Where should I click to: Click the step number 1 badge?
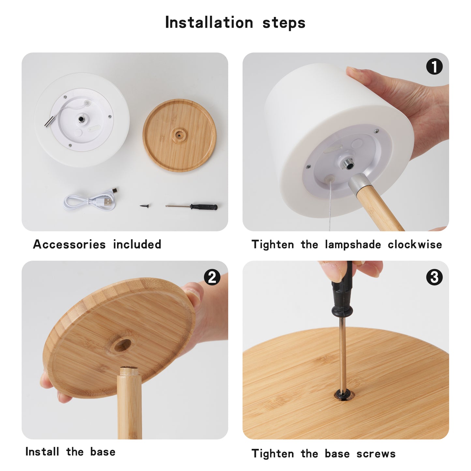(x=434, y=66)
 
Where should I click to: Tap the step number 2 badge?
(x=212, y=277)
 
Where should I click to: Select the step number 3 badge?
(x=434, y=277)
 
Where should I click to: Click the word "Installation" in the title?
(x=209, y=23)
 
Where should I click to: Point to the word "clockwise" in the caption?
(x=415, y=244)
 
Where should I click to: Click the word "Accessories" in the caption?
(x=69, y=244)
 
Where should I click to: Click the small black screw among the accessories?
(x=145, y=206)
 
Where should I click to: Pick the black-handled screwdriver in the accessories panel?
(x=191, y=207)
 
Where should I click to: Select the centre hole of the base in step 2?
(x=121, y=345)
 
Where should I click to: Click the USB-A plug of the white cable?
(x=108, y=202)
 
